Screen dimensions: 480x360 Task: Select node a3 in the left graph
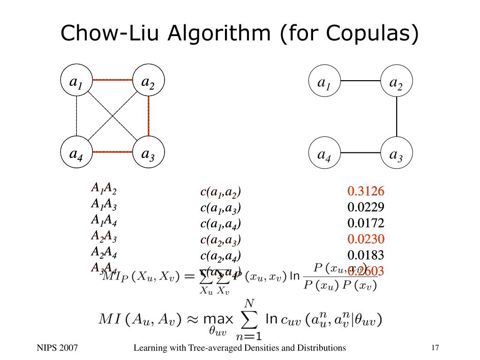[148, 153]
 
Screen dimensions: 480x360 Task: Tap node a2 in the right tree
[397, 82]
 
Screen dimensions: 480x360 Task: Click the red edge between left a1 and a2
[112, 80]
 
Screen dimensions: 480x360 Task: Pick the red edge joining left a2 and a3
[149, 117]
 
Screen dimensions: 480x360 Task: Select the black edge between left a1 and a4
[76, 117]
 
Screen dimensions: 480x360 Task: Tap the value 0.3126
[366, 191]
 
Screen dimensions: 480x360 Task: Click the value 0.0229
[366, 207]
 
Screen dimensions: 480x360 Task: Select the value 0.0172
[366, 223]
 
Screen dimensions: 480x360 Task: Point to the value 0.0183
[366, 255]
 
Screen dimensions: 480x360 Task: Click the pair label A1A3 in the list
[104, 204]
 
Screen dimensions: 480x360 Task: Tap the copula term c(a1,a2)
[220, 192]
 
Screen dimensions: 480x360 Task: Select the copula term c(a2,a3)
[220, 240]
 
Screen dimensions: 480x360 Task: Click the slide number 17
[435, 347]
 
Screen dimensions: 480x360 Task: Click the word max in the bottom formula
[218, 320]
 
